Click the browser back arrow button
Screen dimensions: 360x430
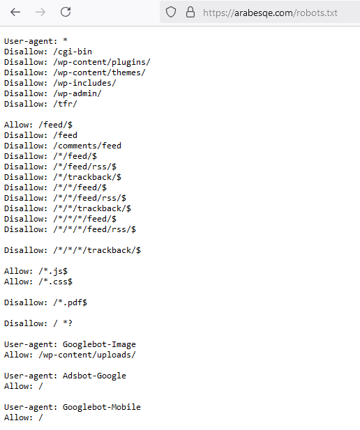(x=15, y=12)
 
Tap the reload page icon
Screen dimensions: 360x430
(x=66, y=12)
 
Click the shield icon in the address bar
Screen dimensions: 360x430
(x=171, y=12)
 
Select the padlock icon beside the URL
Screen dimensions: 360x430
(x=190, y=12)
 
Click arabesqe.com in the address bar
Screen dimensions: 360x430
(x=263, y=13)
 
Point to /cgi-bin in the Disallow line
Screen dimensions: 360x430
(x=73, y=52)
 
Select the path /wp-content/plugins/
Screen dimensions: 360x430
(x=102, y=62)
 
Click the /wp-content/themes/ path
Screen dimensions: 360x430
(x=99, y=72)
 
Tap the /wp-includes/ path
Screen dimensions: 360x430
(x=85, y=83)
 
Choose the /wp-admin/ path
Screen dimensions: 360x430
(x=77, y=93)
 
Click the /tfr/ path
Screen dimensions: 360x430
(x=65, y=104)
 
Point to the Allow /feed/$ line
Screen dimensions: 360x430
(x=38, y=125)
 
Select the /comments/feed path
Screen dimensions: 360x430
(x=87, y=146)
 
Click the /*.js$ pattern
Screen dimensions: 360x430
(x=53, y=271)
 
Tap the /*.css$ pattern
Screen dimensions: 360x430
(x=56, y=282)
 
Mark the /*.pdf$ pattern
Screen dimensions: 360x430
(x=70, y=302)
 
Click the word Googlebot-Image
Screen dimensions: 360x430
(x=99, y=344)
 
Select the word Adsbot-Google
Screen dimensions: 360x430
(x=94, y=376)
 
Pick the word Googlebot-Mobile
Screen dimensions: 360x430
(x=102, y=407)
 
